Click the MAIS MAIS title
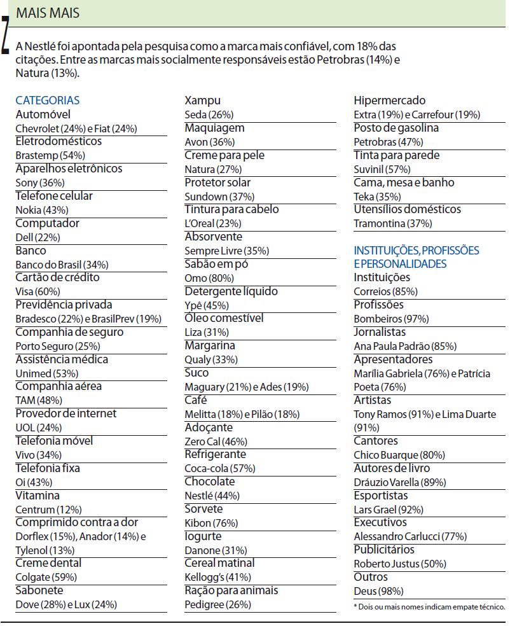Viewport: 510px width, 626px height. pos(48,13)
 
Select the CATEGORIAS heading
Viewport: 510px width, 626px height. pos(48,101)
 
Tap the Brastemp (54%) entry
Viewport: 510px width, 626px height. pos(50,155)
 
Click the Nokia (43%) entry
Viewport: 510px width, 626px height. pos(42,210)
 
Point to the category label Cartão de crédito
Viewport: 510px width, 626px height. pos(57,277)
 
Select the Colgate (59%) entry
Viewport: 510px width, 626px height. pos(46,578)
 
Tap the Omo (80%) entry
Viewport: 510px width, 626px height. pos(205,278)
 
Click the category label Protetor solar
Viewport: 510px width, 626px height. pos(217,183)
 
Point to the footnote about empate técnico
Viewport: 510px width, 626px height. pos(429,606)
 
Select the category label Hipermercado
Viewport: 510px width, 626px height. pos(390,101)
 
